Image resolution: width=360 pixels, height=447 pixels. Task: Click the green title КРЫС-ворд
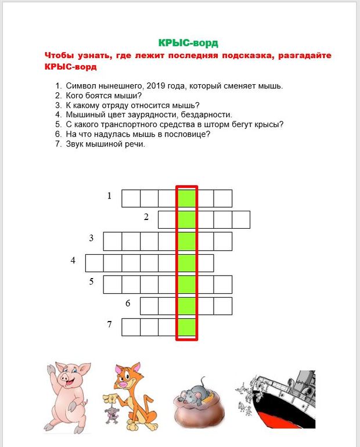click(188, 43)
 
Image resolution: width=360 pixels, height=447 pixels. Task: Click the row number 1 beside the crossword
click(109, 196)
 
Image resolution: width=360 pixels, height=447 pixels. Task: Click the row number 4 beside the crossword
click(73, 260)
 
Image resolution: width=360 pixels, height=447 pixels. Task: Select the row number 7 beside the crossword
click(109, 325)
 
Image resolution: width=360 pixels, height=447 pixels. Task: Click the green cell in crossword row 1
click(186, 199)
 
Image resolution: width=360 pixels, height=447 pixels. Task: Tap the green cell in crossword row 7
click(186, 327)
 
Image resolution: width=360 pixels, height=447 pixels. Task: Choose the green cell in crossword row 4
click(186, 263)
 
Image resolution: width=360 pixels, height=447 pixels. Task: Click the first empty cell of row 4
click(94, 263)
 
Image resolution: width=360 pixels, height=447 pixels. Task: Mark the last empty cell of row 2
click(241, 220)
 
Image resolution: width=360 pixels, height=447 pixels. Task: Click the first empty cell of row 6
click(149, 306)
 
